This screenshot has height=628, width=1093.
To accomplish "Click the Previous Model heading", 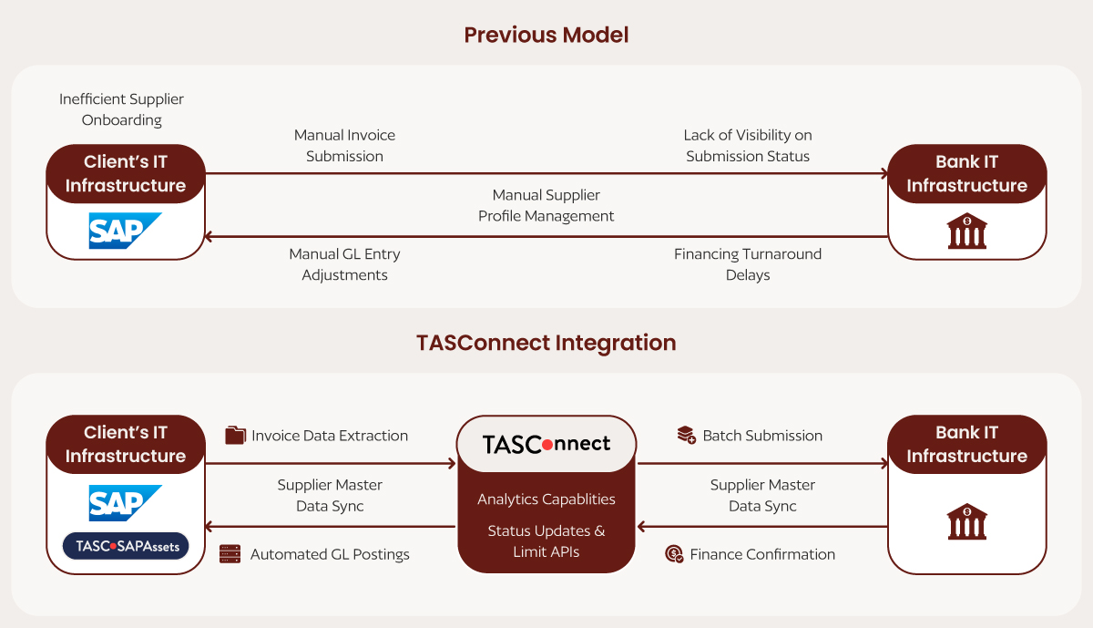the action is pyautogui.click(x=546, y=36).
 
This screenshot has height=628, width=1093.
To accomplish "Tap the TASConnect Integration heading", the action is pyautogui.click(x=546, y=343).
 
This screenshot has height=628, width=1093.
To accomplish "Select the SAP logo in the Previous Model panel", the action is pyautogui.click(x=125, y=231).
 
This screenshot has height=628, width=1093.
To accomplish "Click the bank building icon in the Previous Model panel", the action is pyautogui.click(x=966, y=231).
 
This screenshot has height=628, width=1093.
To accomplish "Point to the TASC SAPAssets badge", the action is pyautogui.click(x=126, y=546).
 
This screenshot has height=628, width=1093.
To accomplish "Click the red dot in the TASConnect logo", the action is pyautogui.click(x=547, y=445).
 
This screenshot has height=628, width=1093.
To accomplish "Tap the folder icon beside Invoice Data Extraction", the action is pyautogui.click(x=235, y=435).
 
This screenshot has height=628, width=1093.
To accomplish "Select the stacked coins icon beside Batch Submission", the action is pyautogui.click(x=687, y=435).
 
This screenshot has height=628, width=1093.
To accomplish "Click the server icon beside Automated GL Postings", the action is pyautogui.click(x=230, y=554).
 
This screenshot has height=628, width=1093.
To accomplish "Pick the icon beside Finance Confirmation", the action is pyautogui.click(x=674, y=554).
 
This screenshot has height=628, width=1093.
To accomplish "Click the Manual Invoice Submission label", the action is pyautogui.click(x=344, y=146).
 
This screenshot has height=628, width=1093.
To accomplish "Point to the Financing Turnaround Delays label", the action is pyautogui.click(x=748, y=264).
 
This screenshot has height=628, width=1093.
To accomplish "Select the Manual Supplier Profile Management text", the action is pyautogui.click(x=546, y=205).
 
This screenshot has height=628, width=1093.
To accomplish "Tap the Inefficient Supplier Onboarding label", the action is pyautogui.click(x=121, y=109).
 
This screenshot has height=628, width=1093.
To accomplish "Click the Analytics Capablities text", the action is pyautogui.click(x=546, y=499).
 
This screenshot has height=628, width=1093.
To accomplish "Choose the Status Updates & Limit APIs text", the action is pyautogui.click(x=546, y=541).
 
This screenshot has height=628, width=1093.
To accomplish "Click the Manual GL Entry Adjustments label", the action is pyautogui.click(x=344, y=264).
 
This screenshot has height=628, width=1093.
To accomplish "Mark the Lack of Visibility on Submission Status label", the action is pyautogui.click(x=748, y=146).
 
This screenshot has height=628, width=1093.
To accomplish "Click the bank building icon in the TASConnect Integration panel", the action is pyautogui.click(x=966, y=521).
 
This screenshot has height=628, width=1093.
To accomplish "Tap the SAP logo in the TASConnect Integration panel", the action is pyautogui.click(x=125, y=503).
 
